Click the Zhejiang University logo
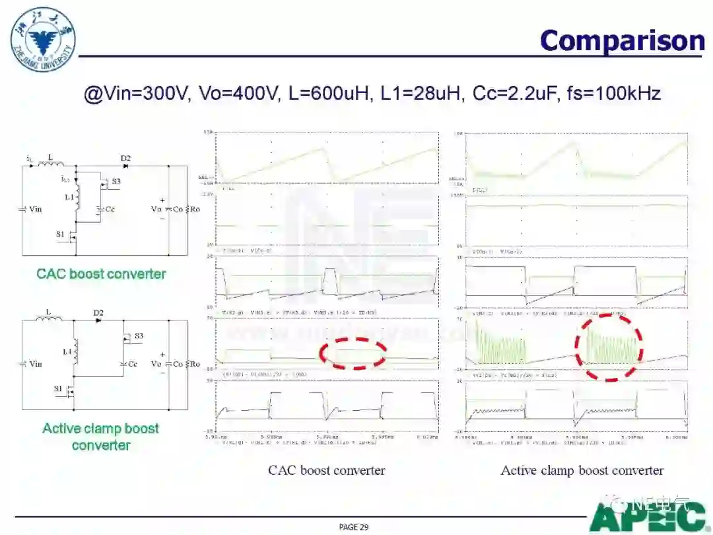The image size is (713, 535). click(x=43, y=40)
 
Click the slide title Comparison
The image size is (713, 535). click(x=622, y=41)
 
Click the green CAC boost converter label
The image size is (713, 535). click(x=101, y=273)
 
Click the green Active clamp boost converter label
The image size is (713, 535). click(x=101, y=437)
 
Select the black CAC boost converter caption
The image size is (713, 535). click(x=326, y=470)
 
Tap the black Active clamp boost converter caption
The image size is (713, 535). click(x=582, y=470)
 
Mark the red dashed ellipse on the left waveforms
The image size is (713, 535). click(x=353, y=353)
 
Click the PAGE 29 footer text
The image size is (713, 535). click(x=354, y=526)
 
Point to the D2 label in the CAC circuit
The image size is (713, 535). click(x=125, y=159)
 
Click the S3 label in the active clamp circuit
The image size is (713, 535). click(x=139, y=336)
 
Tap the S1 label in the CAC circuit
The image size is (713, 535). click(x=60, y=234)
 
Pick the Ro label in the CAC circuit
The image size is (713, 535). click(x=195, y=209)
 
